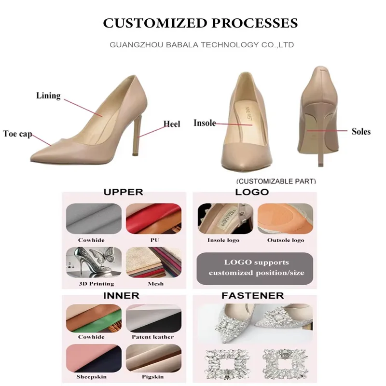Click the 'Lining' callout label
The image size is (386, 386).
(48, 96)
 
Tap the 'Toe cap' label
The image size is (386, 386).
(17, 134)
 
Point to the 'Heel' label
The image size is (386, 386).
(171, 124)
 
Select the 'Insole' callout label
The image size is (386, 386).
(205, 123)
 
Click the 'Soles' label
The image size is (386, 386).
(361, 131)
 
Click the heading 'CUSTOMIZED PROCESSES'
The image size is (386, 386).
(200, 23)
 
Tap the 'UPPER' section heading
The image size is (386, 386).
(124, 192)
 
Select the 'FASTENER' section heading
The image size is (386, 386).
(252, 295)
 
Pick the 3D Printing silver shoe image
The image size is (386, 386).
(92, 262)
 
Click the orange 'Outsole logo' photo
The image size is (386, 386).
(285, 219)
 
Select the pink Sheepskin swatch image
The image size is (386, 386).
(92, 358)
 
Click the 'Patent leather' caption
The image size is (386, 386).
(153, 337)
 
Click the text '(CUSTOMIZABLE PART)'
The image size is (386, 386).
(276, 181)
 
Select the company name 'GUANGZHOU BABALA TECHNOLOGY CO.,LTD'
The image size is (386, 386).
(202, 45)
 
